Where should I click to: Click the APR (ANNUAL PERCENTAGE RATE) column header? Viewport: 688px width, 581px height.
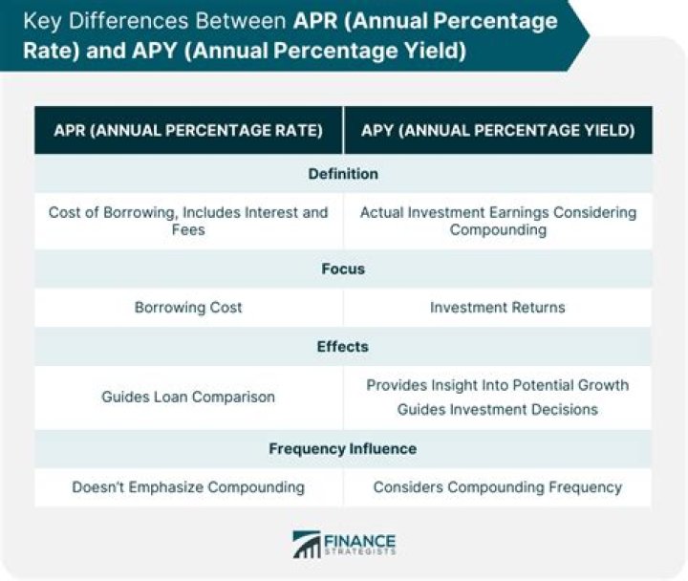[x=187, y=130]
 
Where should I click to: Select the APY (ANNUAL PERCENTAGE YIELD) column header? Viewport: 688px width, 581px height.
[x=498, y=130]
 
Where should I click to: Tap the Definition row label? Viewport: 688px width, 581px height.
[x=343, y=174]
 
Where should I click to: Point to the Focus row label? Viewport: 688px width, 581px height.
[x=343, y=269]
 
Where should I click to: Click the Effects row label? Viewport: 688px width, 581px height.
[x=343, y=347]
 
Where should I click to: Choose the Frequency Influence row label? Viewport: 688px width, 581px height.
[x=343, y=448]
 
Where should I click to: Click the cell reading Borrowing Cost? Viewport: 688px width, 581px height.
[x=188, y=308]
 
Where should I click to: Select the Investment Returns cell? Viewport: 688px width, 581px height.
[x=498, y=308]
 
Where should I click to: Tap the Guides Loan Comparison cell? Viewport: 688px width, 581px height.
[x=188, y=397]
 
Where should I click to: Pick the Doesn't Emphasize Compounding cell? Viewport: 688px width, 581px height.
[x=188, y=487]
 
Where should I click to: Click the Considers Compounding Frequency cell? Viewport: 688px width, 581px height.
[x=498, y=487]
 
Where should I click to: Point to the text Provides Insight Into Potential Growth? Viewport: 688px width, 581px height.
[x=498, y=385]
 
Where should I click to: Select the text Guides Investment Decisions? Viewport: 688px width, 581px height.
[x=498, y=409]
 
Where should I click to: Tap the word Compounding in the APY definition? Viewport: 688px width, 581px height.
[x=498, y=229]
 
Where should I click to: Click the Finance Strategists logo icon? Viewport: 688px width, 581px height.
[x=307, y=544]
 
